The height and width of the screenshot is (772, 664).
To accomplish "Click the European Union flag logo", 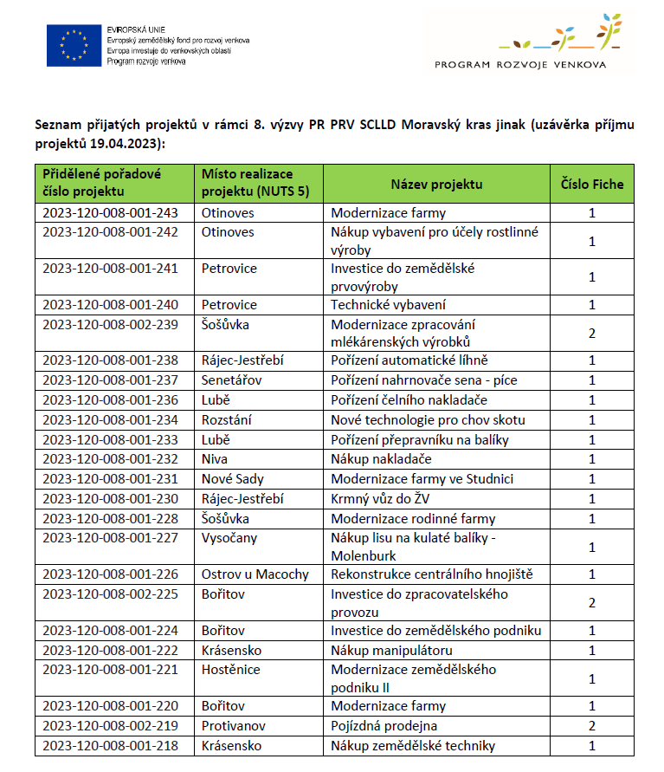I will click(x=74, y=45).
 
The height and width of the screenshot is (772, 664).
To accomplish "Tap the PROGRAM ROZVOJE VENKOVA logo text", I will click(x=520, y=64).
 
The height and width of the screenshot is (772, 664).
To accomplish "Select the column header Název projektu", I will click(x=436, y=184).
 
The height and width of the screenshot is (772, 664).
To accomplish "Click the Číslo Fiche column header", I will click(x=592, y=184).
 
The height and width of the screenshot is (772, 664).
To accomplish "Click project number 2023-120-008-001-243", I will click(x=110, y=212).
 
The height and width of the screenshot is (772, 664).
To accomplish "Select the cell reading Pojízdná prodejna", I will click(x=384, y=725).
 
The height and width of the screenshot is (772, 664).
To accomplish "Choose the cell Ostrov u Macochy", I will click(x=255, y=574).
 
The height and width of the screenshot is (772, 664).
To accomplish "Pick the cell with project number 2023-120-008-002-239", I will click(x=110, y=324).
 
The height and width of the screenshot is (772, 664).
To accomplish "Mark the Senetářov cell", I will click(x=234, y=380).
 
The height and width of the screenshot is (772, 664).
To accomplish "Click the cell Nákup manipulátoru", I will click(x=392, y=650).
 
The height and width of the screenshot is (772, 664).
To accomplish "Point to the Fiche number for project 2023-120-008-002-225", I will click(x=592, y=602).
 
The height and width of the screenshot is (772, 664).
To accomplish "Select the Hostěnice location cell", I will click(x=231, y=670).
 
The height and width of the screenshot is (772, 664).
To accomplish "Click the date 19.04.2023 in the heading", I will click(x=126, y=143).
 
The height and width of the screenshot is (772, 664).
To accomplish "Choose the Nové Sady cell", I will click(x=233, y=478).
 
